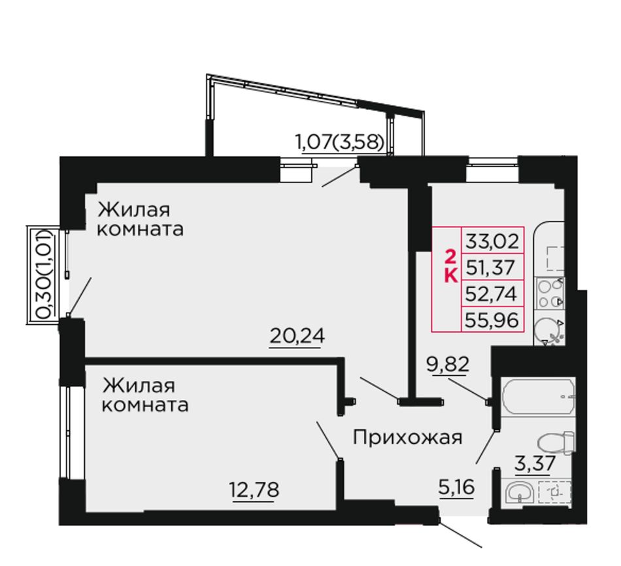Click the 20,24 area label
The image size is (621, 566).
click(297, 337)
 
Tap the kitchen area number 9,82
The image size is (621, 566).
click(448, 363)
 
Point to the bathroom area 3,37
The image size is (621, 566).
click(535, 463)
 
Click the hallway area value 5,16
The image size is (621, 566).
click(456, 487)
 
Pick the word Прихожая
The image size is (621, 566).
click(407, 439)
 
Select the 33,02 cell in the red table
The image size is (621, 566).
click(492, 241)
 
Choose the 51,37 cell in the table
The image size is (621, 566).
click(492, 267)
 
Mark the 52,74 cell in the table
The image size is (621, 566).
click(492, 293)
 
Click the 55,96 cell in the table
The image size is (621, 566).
click(492, 319)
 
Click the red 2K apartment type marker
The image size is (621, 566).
click(450, 266)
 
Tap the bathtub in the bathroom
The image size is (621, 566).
click(538, 397)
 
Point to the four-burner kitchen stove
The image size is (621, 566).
click(550, 293)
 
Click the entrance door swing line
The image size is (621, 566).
click(460, 535)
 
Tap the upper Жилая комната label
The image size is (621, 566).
click(140, 219)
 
